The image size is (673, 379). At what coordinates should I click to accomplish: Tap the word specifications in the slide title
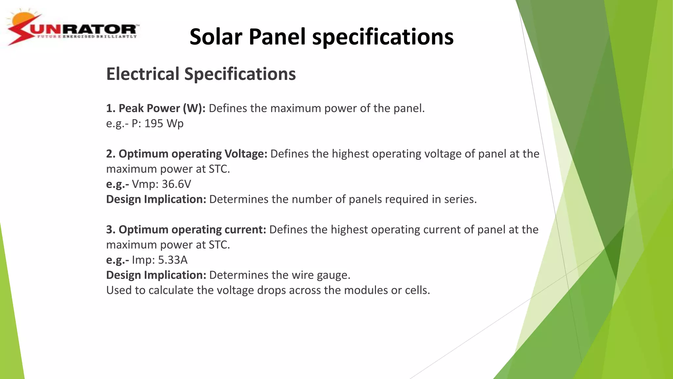(383, 37)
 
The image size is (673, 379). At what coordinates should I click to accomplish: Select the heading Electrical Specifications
(201, 74)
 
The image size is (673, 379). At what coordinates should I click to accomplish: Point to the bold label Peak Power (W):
(156, 108)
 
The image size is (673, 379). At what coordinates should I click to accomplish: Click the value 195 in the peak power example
(154, 123)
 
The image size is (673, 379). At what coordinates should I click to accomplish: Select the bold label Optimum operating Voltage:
(187, 154)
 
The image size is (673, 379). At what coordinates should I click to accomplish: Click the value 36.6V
(176, 184)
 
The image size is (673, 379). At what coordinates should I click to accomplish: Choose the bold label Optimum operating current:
(186, 230)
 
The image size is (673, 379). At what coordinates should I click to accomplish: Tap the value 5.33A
(173, 260)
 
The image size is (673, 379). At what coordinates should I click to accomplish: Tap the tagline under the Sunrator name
(87, 37)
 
